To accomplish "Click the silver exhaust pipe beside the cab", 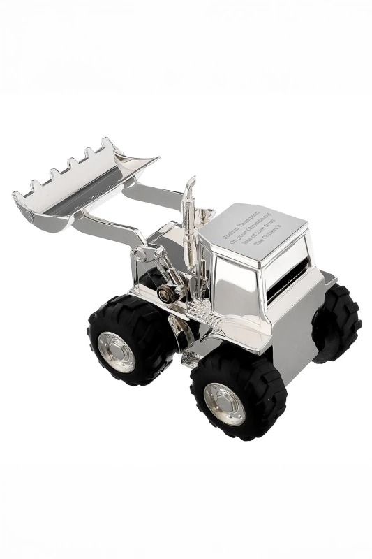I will [188, 231].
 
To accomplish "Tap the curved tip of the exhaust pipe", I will [191, 183].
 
